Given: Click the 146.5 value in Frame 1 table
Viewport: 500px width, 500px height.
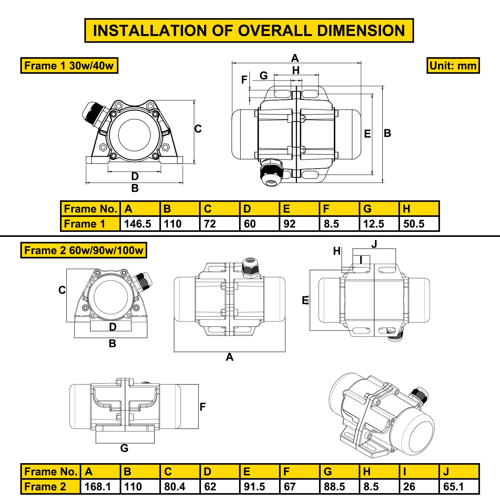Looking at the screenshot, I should (x=137, y=224).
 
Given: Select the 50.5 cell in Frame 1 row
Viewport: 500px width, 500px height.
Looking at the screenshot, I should (x=414, y=224).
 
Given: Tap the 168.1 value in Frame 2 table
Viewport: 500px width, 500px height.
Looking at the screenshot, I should (x=97, y=487).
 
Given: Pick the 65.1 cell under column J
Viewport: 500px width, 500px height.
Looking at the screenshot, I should (x=453, y=487).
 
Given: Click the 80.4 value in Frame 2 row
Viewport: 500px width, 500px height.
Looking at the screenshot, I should (x=175, y=487).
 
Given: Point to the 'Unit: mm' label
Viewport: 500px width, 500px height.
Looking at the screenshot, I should (x=453, y=66).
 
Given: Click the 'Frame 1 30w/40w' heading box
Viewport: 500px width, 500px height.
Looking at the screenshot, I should (x=69, y=66).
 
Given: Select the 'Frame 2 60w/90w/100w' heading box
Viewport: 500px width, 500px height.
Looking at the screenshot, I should (x=83, y=250).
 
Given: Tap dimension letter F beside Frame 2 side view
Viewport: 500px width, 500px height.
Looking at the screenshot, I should (x=202, y=407).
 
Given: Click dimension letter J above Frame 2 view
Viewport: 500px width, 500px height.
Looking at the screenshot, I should (x=374, y=244).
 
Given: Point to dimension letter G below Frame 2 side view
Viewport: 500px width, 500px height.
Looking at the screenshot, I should (x=124, y=448).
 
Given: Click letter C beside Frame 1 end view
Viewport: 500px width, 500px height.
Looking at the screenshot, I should (x=198, y=129).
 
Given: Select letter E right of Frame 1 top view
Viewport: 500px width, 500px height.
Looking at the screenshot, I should (x=367, y=134).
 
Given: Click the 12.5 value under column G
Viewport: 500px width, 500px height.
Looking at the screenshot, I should (x=373, y=224).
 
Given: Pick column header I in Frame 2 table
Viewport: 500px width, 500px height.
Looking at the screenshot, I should (x=405, y=472).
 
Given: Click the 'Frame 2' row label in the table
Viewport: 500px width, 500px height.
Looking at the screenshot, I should (x=45, y=487).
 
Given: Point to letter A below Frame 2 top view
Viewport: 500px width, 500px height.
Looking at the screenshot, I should (x=229, y=357).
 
